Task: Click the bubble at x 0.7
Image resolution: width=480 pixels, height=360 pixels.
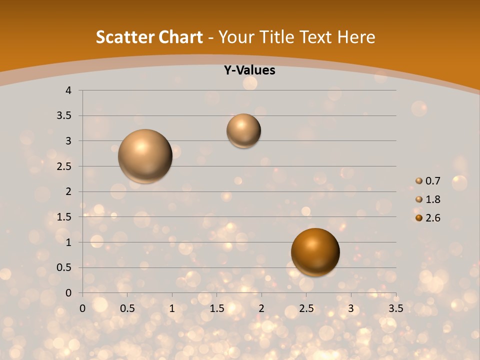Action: click(x=145, y=156)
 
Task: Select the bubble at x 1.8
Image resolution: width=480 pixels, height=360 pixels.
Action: click(x=243, y=130)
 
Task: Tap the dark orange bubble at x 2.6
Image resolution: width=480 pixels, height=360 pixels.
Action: click(x=315, y=252)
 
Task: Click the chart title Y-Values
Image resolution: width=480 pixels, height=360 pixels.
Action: click(x=249, y=70)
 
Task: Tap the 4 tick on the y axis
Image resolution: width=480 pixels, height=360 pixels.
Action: click(x=68, y=90)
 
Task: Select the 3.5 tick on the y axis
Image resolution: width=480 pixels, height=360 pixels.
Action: click(x=64, y=115)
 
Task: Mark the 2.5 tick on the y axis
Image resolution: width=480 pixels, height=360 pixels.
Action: click(x=64, y=166)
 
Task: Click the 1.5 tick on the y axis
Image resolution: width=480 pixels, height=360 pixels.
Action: click(x=64, y=217)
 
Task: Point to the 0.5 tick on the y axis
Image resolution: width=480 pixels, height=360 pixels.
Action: click(x=64, y=267)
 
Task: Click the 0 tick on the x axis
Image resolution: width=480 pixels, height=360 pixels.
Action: click(x=83, y=308)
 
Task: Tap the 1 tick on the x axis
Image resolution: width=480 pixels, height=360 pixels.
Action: click(x=172, y=308)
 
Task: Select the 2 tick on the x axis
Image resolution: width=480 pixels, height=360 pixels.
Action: click(x=261, y=308)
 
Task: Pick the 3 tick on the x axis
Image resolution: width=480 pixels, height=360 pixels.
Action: click(x=351, y=308)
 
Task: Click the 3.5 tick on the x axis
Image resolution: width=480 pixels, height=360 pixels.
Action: click(x=396, y=308)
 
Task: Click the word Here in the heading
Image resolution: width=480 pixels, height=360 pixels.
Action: click(x=356, y=37)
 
